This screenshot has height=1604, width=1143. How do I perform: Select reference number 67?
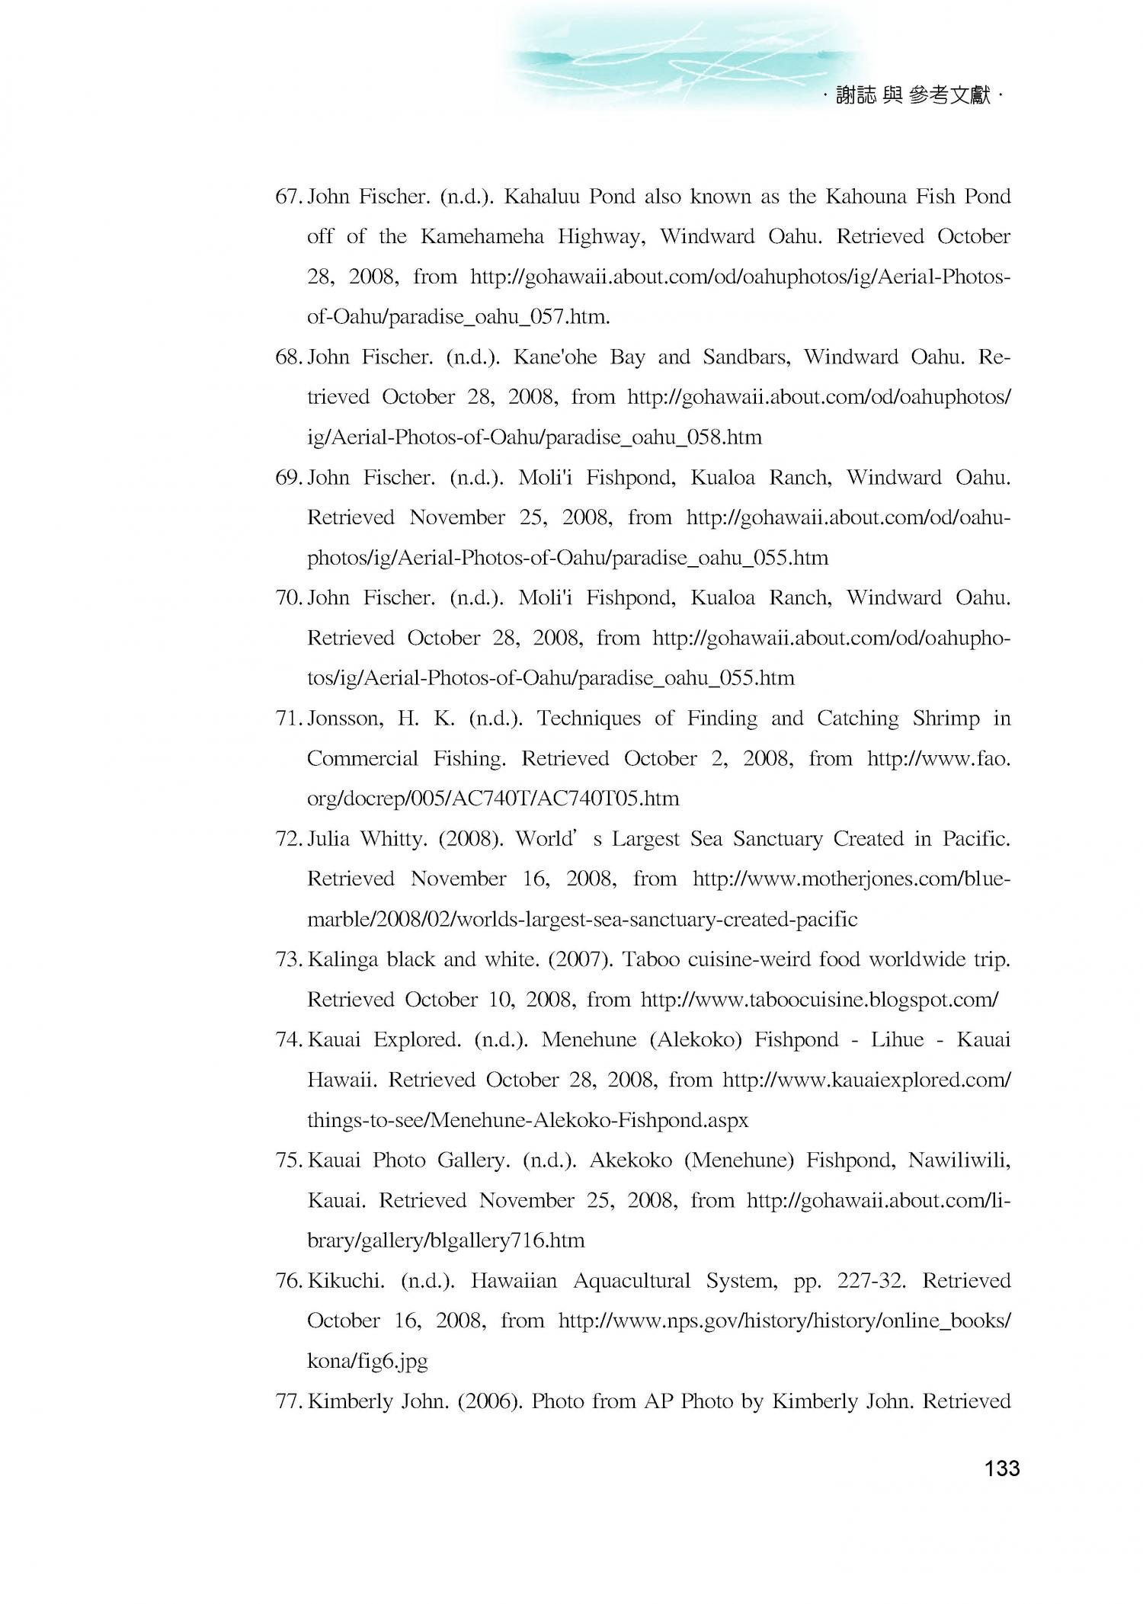click(x=289, y=197)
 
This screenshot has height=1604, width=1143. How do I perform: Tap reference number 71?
click(x=289, y=719)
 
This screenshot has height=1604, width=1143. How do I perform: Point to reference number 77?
click(x=289, y=1401)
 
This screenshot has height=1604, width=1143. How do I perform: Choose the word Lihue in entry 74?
click(x=897, y=1040)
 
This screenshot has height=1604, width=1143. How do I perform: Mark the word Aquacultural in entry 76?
click(x=631, y=1281)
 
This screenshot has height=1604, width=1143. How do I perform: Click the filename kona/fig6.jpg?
click(x=367, y=1361)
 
